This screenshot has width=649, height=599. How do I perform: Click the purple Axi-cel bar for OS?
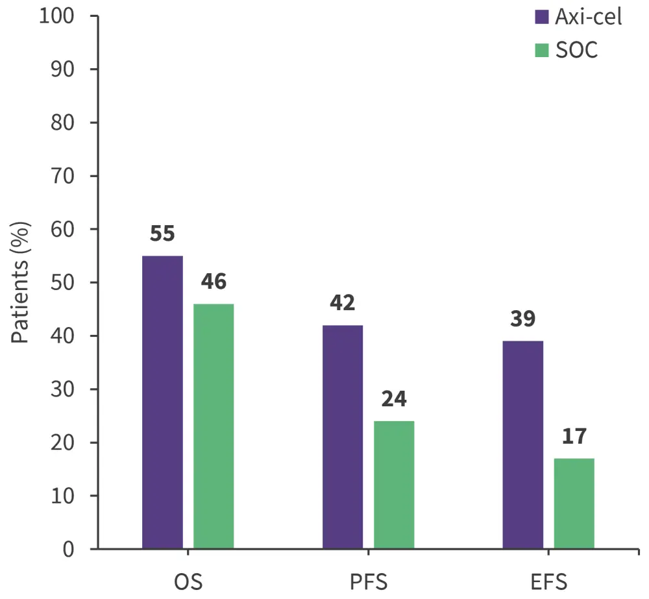point(162,402)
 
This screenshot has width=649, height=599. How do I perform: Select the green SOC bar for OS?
point(214,426)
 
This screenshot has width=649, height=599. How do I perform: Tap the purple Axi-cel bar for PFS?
point(343,437)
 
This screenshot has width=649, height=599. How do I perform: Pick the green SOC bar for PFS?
point(394,485)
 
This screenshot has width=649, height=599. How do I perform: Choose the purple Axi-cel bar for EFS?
point(523,445)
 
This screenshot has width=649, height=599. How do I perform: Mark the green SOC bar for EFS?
point(574,504)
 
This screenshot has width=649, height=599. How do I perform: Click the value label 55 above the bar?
point(162,234)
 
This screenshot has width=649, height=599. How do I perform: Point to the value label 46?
point(214,282)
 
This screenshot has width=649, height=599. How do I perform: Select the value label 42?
point(343,303)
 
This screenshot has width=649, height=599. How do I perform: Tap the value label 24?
point(394,399)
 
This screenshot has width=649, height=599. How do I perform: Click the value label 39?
point(523,319)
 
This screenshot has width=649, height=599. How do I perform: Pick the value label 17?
point(574,436)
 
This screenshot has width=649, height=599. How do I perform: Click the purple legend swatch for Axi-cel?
point(542,17)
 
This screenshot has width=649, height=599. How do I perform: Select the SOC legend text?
point(576,49)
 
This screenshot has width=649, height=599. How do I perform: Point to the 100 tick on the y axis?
point(59,16)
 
